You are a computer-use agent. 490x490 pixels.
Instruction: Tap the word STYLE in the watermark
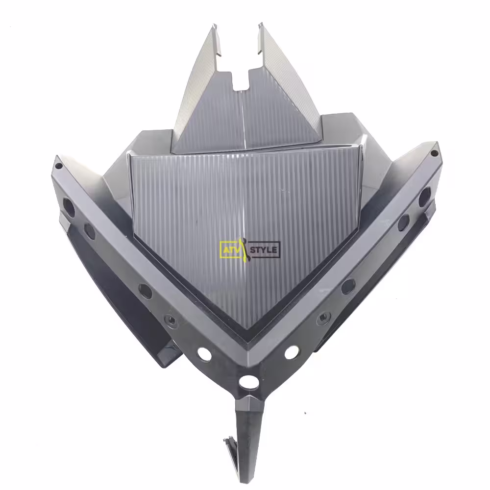click(x=264, y=250)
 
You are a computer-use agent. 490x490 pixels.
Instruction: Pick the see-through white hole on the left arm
click(x=204, y=353)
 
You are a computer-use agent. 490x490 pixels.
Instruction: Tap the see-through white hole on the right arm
click(x=292, y=352)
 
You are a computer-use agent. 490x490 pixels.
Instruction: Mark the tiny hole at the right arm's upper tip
click(x=434, y=153)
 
